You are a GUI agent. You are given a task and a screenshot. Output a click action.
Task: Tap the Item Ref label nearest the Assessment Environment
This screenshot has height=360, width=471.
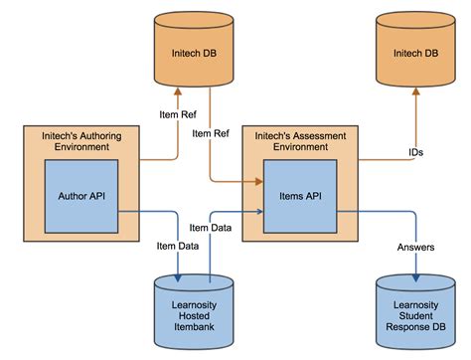(212, 132)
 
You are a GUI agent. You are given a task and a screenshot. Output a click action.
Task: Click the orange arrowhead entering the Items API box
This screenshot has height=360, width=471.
(257, 181)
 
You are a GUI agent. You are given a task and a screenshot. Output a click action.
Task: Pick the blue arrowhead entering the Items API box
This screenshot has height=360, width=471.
(257, 211)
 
